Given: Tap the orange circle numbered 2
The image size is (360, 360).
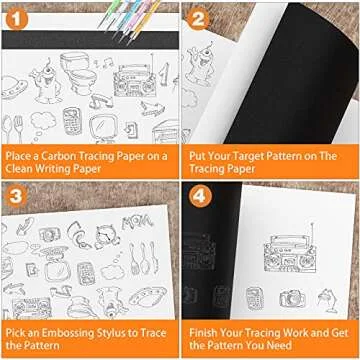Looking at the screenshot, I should pos(198,16).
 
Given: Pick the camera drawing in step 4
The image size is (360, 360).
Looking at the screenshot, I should pos(292,297).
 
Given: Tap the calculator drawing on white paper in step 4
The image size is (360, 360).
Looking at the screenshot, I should pos(258,296).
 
